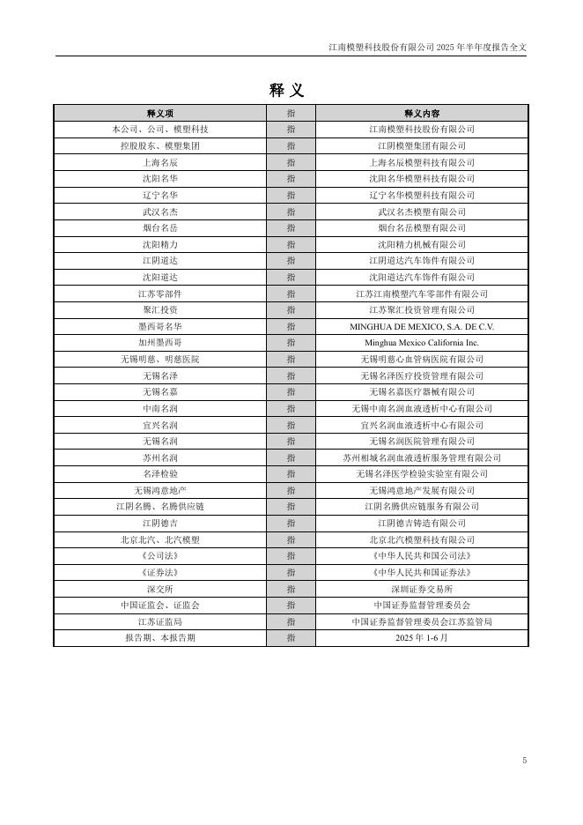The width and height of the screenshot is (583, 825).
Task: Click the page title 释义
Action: point(287,90)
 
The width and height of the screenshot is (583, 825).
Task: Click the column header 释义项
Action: point(159,114)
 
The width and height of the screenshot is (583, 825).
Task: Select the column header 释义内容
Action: point(421,114)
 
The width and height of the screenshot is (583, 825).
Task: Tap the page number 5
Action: point(524,760)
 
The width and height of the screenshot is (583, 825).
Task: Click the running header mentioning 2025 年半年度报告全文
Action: point(427,47)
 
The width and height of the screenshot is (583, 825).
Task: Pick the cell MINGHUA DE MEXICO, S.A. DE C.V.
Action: point(421,326)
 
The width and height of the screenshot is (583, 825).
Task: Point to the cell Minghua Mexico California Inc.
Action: point(421,343)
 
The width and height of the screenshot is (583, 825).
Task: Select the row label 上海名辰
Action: point(159,162)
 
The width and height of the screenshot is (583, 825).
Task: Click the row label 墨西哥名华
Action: point(159,326)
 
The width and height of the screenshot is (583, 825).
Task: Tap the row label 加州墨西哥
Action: point(159,343)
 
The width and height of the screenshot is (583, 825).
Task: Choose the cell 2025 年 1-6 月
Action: point(421,638)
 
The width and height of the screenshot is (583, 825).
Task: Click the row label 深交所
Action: point(159,589)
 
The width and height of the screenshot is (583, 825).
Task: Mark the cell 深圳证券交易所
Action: point(421,589)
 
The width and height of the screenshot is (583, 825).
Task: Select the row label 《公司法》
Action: point(159,556)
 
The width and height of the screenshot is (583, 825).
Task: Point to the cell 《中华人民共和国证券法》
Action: point(421,572)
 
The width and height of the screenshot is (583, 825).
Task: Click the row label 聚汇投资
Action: point(159,310)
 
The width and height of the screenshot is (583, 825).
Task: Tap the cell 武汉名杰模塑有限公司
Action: point(421,212)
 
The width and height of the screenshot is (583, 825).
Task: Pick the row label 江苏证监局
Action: point(159,621)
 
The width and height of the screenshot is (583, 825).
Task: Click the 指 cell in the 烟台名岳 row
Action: point(291,228)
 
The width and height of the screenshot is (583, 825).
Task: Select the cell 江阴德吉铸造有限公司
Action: point(421,523)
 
